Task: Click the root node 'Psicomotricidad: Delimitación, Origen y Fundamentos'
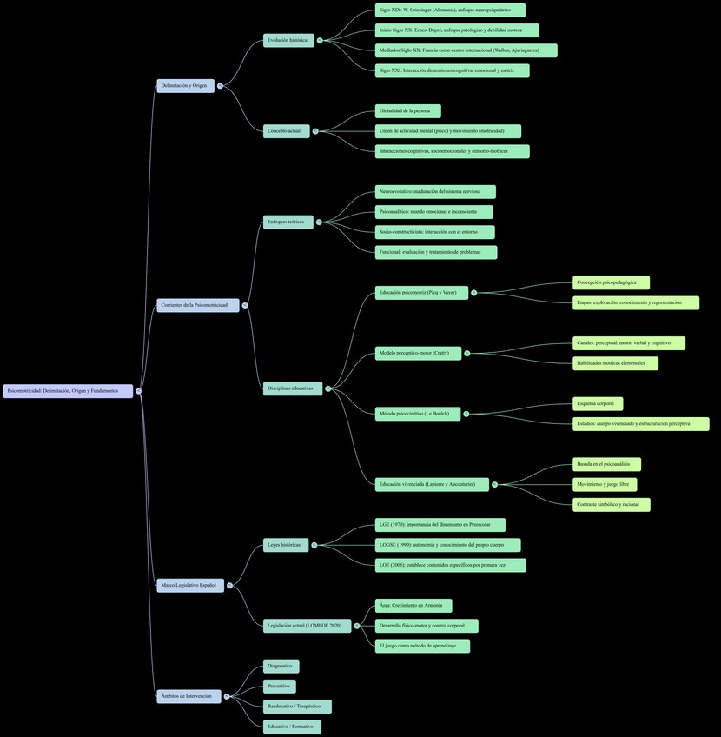point(68,391)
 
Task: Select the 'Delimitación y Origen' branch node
point(185,86)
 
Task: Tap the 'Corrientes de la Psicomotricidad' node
point(197,305)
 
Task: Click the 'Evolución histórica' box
point(288,40)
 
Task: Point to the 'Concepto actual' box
point(286,131)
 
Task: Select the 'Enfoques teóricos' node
point(288,222)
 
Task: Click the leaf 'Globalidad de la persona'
point(407,111)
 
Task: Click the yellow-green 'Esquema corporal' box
point(598,403)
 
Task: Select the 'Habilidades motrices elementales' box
point(615,363)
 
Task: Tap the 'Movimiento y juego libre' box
point(605,484)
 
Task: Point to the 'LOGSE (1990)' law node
point(447,545)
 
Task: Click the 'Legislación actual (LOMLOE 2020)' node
point(307,626)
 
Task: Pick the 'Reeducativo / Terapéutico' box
point(297,707)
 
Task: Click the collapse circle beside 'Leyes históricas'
point(314,545)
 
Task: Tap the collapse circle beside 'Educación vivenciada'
point(495,484)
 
